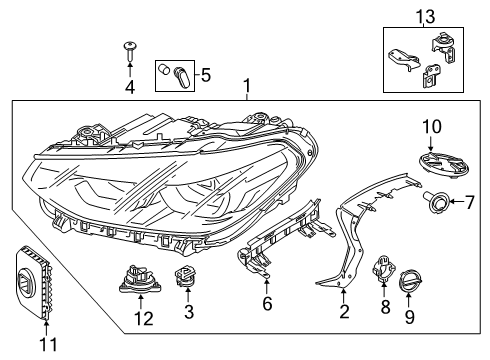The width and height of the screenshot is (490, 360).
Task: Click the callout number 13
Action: (x=425, y=16)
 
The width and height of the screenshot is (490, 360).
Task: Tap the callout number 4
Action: (x=130, y=87)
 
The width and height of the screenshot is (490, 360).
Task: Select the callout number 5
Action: (x=206, y=75)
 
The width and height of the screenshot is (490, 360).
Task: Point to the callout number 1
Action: (x=247, y=86)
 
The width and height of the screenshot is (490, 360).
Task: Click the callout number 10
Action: (x=432, y=127)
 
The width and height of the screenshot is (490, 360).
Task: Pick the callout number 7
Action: (x=469, y=202)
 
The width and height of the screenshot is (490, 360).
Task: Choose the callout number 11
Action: (x=48, y=344)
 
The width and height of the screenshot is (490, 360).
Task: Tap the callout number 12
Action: (x=144, y=318)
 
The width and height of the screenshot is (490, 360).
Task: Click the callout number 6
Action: (x=267, y=304)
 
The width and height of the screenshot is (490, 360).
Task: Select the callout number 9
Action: (x=410, y=317)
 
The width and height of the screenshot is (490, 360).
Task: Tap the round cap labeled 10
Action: (x=444, y=164)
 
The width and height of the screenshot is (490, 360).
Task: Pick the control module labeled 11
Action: (x=34, y=282)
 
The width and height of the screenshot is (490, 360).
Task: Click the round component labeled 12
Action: (x=141, y=279)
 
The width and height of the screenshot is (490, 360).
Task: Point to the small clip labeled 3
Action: (x=185, y=276)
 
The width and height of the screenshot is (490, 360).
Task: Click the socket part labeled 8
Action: (x=383, y=268)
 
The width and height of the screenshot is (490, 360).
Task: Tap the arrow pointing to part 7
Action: (x=457, y=201)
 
